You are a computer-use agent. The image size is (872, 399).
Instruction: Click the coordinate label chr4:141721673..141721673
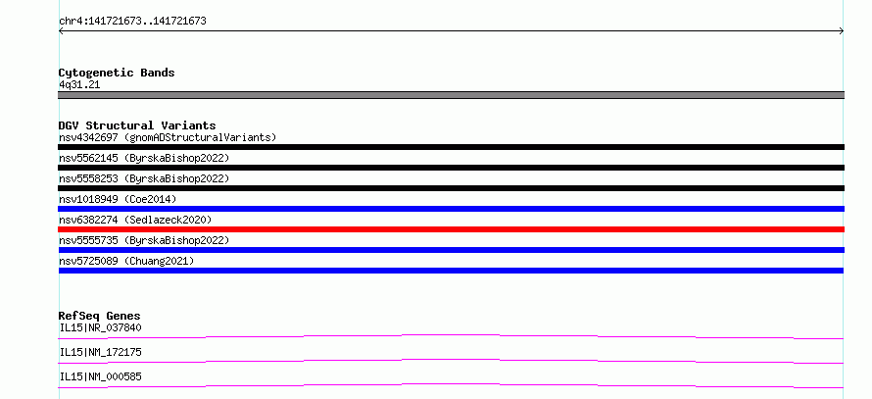tap(132, 22)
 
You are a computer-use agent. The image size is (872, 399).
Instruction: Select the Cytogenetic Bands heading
tap(117, 73)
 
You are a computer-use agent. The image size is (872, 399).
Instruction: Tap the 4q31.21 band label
tap(79, 85)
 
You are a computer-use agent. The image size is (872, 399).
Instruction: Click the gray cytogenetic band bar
tap(451, 95)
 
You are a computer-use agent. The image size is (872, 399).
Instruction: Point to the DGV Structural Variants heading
tap(137, 125)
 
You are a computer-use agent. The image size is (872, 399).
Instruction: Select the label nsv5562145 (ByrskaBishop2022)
tap(144, 158)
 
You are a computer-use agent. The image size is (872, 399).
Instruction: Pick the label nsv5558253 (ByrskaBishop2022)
tap(144, 178)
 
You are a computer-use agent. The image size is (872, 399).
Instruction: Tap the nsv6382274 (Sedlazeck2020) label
tap(135, 220)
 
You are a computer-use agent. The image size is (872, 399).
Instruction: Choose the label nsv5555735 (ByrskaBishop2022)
tap(144, 240)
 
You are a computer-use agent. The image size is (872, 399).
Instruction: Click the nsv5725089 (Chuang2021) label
tap(126, 261)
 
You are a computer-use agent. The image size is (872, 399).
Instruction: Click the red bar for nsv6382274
tap(451, 229)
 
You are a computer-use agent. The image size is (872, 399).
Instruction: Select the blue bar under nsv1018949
tap(451, 209)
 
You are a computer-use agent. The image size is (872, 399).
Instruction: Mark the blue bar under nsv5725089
tap(451, 271)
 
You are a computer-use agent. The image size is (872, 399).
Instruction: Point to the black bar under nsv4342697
tap(451, 147)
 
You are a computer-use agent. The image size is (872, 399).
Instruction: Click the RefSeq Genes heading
tap(100, 316)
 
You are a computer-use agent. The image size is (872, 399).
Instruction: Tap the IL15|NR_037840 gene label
tap(100, 327)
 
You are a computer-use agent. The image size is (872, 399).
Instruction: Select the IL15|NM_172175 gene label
tap(100, 352)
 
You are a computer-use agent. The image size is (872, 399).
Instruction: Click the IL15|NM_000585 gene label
tap(100, 376)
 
